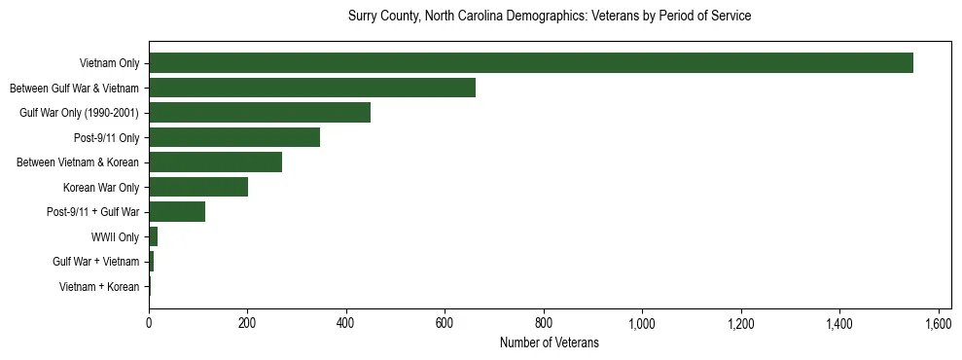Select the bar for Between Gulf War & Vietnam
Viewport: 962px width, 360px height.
[311, 88]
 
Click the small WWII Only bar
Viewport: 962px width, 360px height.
[153, 236]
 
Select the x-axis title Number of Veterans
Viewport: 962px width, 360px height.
[549, 343]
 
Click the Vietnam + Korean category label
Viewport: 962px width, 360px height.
[98, 286]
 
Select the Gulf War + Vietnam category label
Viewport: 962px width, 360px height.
[95, 262]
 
